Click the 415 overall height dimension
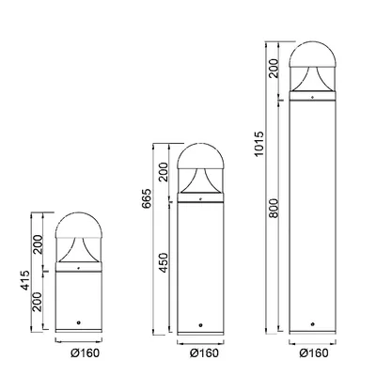(x=26, y=280)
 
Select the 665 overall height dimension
(x=147, y=198)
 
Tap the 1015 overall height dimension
(x=258, y=144)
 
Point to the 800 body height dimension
(x=274, y=208)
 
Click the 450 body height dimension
(x=164, y=262)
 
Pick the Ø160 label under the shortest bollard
(x=85, y=353)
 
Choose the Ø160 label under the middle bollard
(x=204, y=353)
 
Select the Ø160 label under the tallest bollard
(x=314, y=353)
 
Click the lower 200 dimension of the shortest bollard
(x=38, y=302)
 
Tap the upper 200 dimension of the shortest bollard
(x=38, y=244)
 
